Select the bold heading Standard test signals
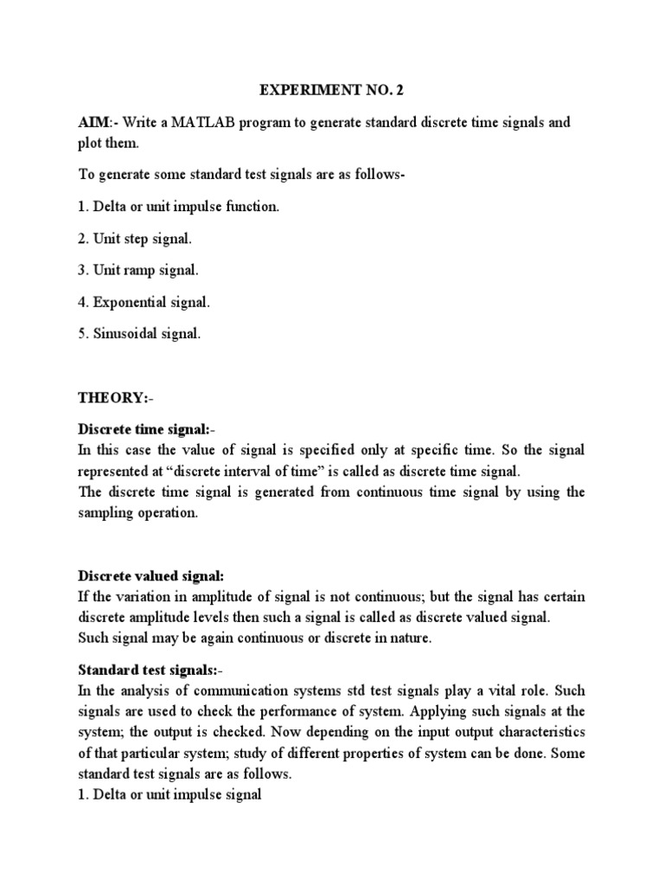tap(148, 671)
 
